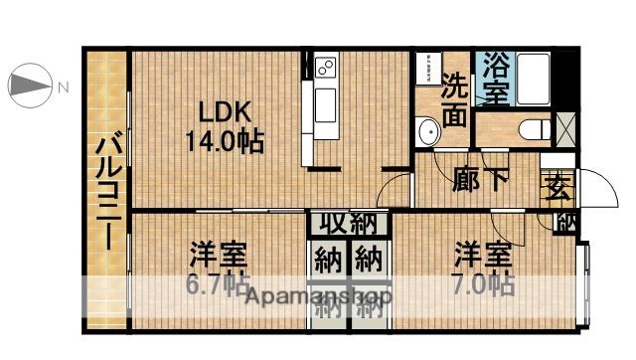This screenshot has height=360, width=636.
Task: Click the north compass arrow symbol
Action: click(29, 87)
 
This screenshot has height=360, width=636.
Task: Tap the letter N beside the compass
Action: click(62, 88)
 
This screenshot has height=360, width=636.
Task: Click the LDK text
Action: click(222, 110)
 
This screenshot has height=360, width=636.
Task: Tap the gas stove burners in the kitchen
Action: click(325, 68)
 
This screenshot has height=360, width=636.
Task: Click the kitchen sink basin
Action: click(325, 104)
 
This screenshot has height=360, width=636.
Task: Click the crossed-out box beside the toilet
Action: click(564, 127)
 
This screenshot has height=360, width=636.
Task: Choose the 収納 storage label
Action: click(348, 223)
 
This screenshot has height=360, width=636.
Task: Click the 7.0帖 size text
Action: click(485, 283)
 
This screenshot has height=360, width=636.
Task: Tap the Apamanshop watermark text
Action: click(318, 296)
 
